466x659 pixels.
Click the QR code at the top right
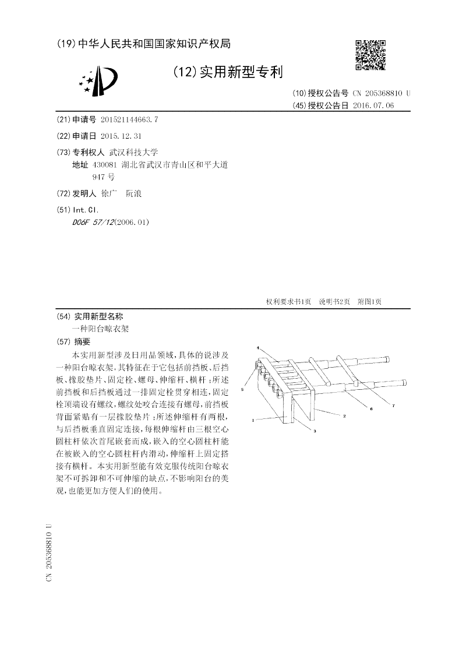(x=371, y=55)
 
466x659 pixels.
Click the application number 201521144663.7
(x=129, y=119)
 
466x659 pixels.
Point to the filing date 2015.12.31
(x=121, y=136)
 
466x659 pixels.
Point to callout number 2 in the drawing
(x=344, y=416)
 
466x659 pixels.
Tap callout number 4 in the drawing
(x=258, y=348)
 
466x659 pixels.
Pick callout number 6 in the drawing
(x=371, y=410)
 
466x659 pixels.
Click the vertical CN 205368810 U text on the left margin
(x=50, y=551)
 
